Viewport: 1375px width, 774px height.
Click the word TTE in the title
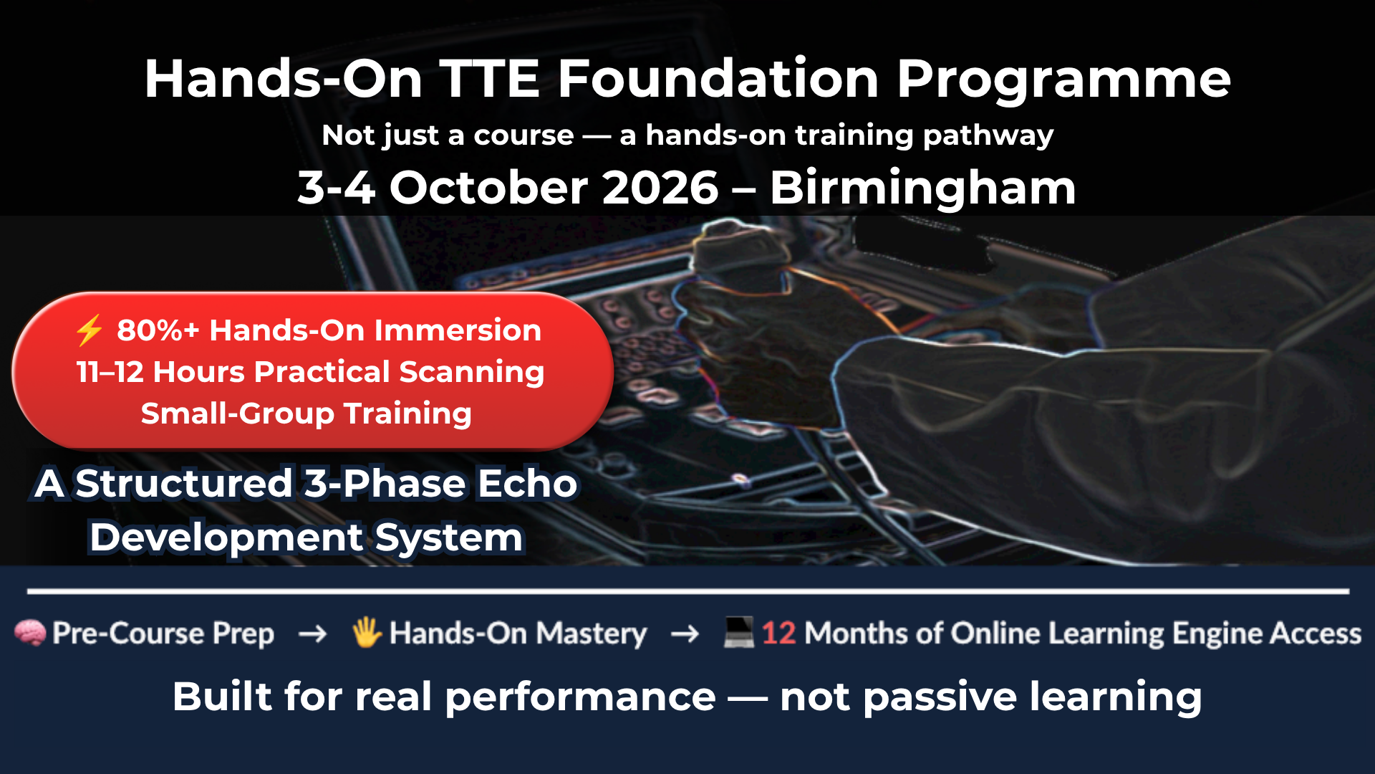click(490, 79)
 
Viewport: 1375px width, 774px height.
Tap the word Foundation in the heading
click(718, 79)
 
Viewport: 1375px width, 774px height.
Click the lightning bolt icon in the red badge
click(90, 330)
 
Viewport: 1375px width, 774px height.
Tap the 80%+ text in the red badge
click(158, 330)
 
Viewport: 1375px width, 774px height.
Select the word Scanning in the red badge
click(471, 373)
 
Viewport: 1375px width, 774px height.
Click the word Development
click(226, 537)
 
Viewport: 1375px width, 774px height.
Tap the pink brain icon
click(30, 633)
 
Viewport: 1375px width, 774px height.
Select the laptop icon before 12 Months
click(738, 632)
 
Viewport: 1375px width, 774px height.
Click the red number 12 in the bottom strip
click(778, 634)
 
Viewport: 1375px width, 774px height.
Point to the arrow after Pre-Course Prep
click(312, 634)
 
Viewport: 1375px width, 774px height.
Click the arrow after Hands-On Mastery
click(685, 634)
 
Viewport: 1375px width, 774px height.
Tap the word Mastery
click(592, 634)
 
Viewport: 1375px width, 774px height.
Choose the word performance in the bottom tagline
click(580, 697)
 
